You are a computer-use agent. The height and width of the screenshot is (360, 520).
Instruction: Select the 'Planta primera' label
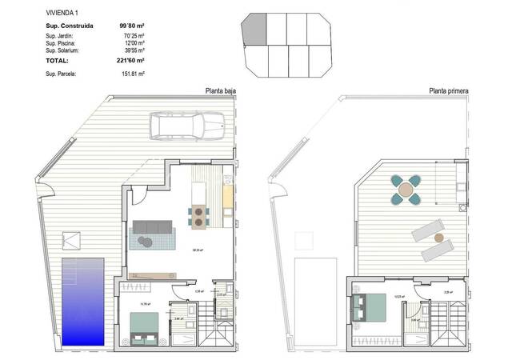tap(449, 91)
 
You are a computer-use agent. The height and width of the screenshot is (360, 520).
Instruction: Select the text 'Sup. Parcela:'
tap(62, 74)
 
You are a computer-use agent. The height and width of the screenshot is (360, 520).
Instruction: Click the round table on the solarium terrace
tap(406, 189)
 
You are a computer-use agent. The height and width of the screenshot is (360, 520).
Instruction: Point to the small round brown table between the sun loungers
tap(438, 238)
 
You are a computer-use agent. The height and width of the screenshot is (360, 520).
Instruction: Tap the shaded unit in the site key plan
tap(252, 33)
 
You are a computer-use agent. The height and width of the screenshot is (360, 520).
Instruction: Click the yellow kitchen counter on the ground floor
tap(227, 196)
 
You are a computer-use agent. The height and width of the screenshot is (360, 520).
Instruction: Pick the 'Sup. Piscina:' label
tap(62, 43)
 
